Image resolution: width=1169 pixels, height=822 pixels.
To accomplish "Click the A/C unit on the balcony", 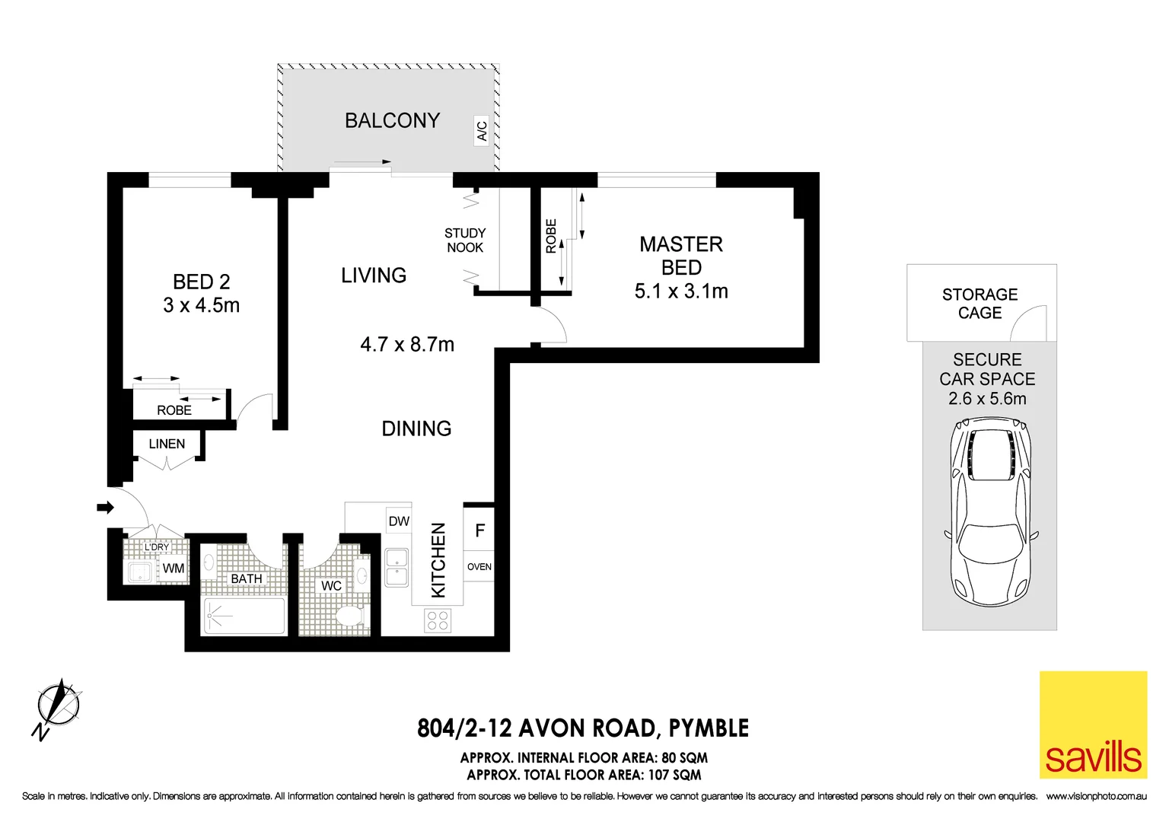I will (x=481, y=131).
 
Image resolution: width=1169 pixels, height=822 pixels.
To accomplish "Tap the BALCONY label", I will (x=392, y=121).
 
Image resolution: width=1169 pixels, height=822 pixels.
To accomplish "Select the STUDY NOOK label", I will (x=465, y=241).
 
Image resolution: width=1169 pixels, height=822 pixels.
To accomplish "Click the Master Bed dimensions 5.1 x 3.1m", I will (x=681, y=292).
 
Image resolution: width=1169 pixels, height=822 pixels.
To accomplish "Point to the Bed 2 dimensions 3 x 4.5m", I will (x=201, y=306).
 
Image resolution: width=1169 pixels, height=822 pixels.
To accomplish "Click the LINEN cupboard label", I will (x=167, y=444).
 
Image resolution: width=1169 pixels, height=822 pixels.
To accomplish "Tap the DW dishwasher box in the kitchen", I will (x=399, y=521).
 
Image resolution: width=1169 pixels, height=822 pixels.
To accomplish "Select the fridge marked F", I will (x=479, y=530).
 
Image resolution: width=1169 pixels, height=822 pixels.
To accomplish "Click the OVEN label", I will (x=479, y=567).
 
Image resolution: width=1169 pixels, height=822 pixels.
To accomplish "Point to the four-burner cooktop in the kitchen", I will (x=438, y=620).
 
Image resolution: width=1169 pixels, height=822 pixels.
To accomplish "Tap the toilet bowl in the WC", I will (x=351, y=616).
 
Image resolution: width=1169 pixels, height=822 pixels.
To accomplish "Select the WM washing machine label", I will (x=174, y=569).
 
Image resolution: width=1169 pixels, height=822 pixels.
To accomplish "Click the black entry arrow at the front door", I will (x=105, y=507).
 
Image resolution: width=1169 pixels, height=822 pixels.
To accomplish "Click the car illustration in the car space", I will (x=989, y=518).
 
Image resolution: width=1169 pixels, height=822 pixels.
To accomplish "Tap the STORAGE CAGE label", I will (x=979, y=304).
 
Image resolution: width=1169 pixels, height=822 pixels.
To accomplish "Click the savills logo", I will (x=1093, y=725).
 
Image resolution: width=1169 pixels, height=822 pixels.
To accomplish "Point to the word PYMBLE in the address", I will (x=709, y=728).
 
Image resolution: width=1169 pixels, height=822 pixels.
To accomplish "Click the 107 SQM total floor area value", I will (x=674, y=776).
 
